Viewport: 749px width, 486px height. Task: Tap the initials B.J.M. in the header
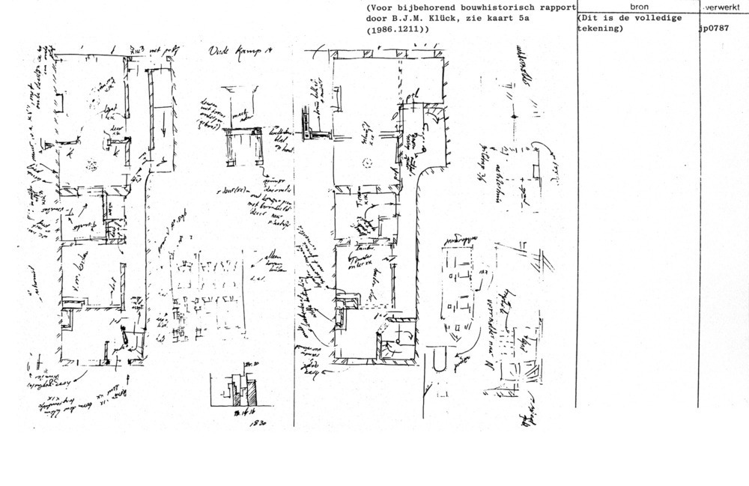[x=404, y=19]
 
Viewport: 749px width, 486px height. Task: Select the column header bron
[x=637, y=6]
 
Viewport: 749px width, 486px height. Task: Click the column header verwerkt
[x=723, y=6]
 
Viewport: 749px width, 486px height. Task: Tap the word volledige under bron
[x=656, y=19]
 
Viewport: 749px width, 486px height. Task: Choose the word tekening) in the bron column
[x=599, y=29]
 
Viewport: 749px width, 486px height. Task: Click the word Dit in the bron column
[x=591, y=19]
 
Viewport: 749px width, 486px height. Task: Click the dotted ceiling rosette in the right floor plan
[x=367, y=162]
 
